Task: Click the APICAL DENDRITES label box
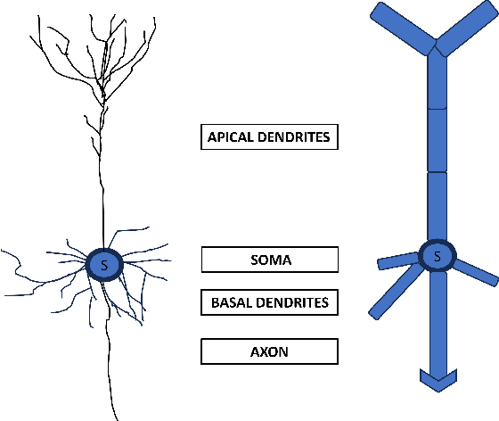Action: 269,137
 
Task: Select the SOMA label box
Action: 269,260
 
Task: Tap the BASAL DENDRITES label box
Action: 269,302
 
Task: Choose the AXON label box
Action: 269,351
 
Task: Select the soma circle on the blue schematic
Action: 437,257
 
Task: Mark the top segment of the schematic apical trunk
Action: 437,80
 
